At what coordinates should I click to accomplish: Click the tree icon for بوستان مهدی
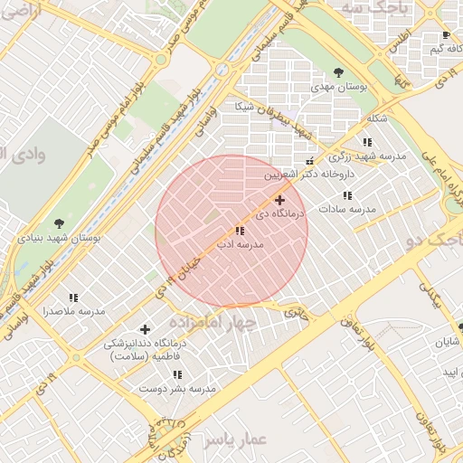click(x=338, y=71)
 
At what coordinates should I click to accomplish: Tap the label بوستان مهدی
click(x=338, y=87)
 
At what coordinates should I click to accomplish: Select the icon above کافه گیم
click(x=446, y=35)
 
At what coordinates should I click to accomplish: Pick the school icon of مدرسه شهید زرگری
click(x=367, y=142)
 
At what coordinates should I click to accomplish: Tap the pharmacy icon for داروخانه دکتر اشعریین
click(x=310, y=161)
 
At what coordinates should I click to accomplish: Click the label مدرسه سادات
click(x=347, y=210)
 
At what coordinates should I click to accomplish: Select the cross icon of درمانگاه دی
click(x=279, y=200)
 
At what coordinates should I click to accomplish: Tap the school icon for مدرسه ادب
click(x=239, y=231)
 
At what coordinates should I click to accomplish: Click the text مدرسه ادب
click(x=240, y=245)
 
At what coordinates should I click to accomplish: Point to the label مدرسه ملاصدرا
click(x=74, y=311)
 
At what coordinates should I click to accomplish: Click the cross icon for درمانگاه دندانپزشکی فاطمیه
click(x=145, y=328)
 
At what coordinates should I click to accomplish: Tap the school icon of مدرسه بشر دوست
click(x=177, y=373)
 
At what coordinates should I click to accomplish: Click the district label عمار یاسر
click(x=234, y=439)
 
